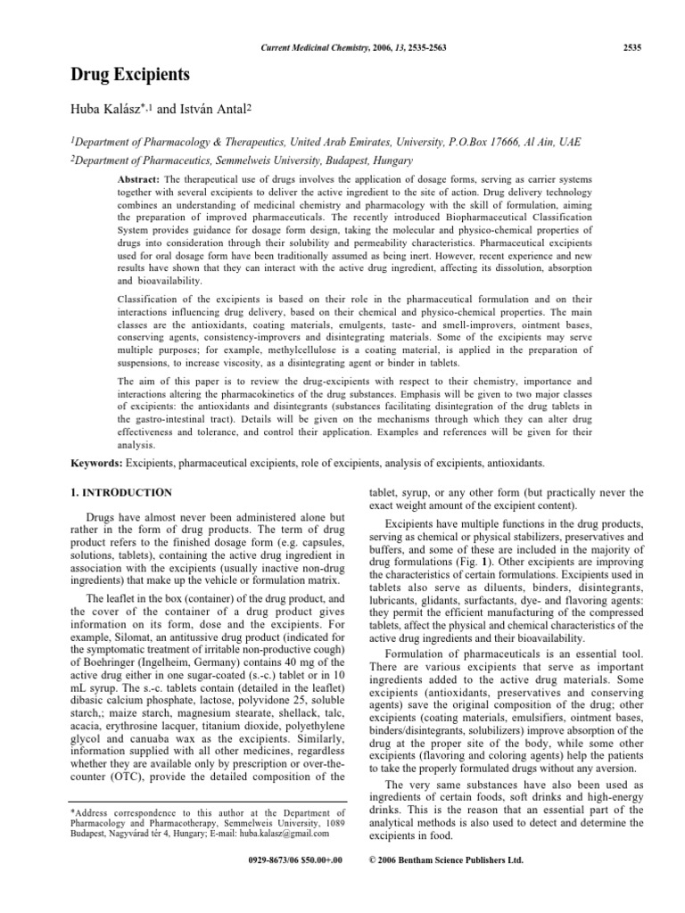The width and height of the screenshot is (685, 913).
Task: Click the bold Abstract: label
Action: tap(137, 178)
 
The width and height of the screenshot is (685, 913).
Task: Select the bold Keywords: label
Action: tap(96, 463)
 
